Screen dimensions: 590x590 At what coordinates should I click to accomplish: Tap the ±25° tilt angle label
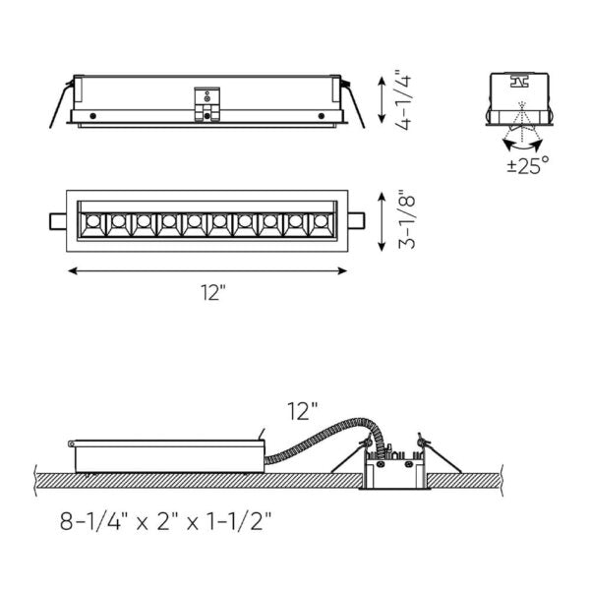click(528, 166)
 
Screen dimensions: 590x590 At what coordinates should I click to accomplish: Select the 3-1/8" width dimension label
click(400, 221)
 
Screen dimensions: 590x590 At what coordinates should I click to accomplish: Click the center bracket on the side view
click(207, 104)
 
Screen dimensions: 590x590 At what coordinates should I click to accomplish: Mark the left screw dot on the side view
click(92, 117)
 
